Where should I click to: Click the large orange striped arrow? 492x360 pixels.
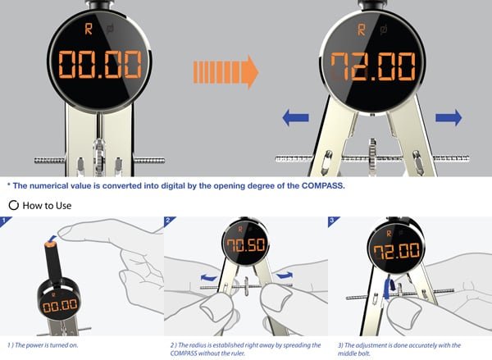coord(226,72)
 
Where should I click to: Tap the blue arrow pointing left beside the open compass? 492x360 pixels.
coord(295,118)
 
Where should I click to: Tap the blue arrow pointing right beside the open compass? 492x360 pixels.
coord(449,118)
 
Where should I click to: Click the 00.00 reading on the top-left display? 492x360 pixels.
coord(100,64)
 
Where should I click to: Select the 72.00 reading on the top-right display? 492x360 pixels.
coord(373,66)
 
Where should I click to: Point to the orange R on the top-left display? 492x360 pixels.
coord(89,29)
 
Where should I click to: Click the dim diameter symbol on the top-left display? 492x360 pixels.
coord(110,30)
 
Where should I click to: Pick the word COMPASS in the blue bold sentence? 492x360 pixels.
coord(323,186)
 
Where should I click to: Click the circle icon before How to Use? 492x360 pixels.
coord(13,206)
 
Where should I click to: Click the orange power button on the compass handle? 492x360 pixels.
coord(50,243)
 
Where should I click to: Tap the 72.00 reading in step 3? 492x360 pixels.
coord(396,252)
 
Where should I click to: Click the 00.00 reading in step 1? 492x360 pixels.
coord(60,306)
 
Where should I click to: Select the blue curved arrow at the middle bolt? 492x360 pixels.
coord(389,288)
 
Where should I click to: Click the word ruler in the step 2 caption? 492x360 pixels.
coord(238,353)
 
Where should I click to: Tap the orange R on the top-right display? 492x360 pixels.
coord(362,30)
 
